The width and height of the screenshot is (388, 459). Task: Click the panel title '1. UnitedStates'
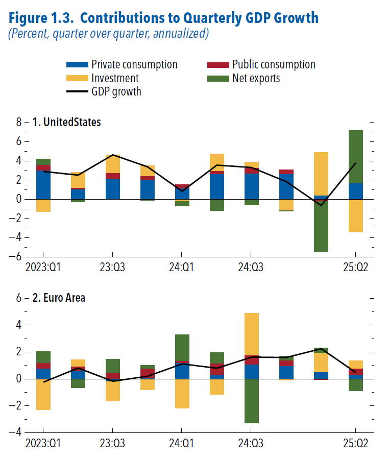(x=66, y=122)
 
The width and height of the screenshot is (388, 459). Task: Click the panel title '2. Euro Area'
(x=58, y=298)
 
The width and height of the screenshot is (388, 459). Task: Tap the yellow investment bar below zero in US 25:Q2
(x=355, y=215)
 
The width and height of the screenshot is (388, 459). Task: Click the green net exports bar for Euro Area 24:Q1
(x=182, y=348)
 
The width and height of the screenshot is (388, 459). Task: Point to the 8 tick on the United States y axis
(x=19, y=123)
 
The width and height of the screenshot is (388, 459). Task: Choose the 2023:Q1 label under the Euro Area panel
(x=43, y=442)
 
